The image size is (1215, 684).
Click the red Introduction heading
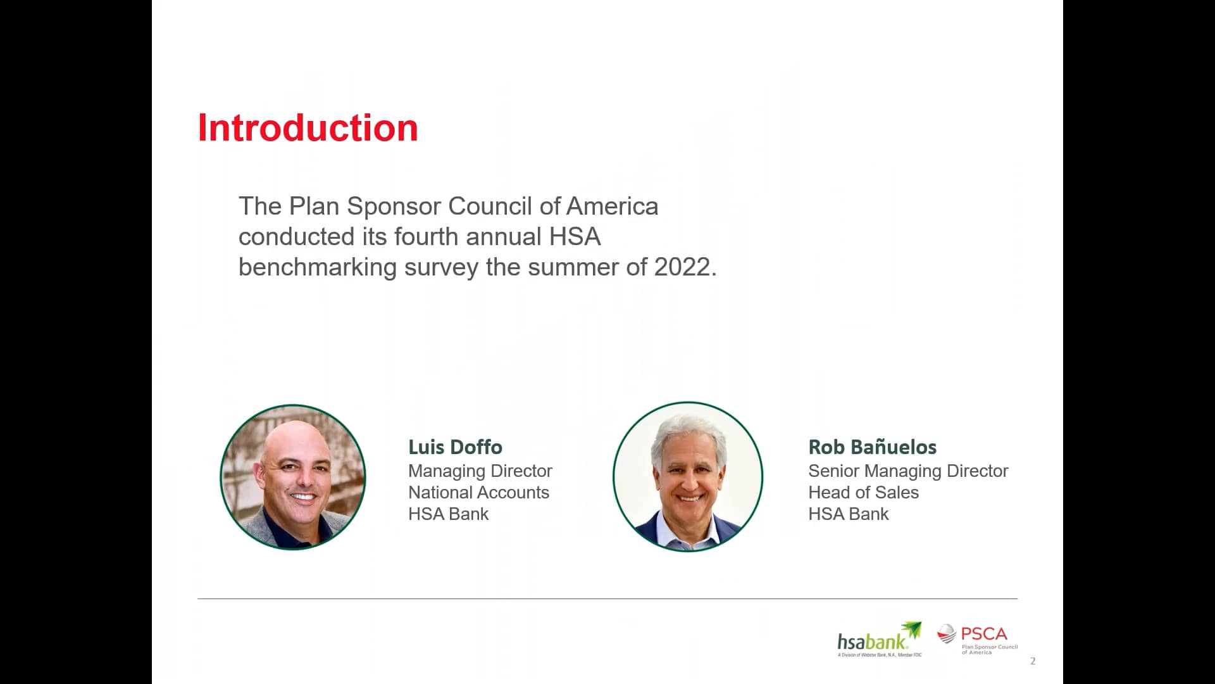point(308,128)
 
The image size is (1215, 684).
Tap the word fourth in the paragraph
point(425,237)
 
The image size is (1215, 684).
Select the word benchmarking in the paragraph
point(317,267)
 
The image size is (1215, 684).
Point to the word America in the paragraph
point(612,206)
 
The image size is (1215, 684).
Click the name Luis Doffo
point(455,447)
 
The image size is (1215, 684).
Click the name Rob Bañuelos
point(872,447)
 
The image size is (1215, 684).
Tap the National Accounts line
point(478,493)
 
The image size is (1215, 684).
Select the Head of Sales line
point(863,493)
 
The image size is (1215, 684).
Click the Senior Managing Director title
point(907,471)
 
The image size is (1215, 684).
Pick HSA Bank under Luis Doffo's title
point(448,514)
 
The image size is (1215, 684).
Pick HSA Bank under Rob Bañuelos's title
point(848,514)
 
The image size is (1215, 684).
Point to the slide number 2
point(1033,661)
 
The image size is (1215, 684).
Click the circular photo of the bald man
point(293,477)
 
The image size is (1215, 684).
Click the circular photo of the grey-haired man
point(688,476)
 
